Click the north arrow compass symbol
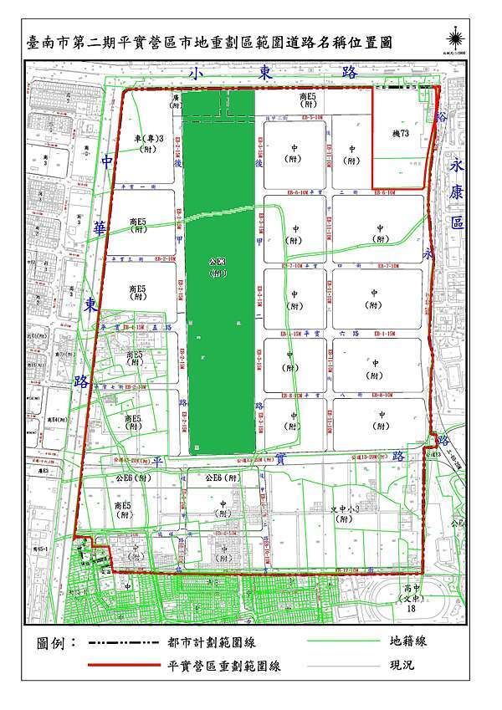click(x=456, y=34)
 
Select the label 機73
click(x=400, y=133)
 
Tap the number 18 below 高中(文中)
click(x=411, y=611)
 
